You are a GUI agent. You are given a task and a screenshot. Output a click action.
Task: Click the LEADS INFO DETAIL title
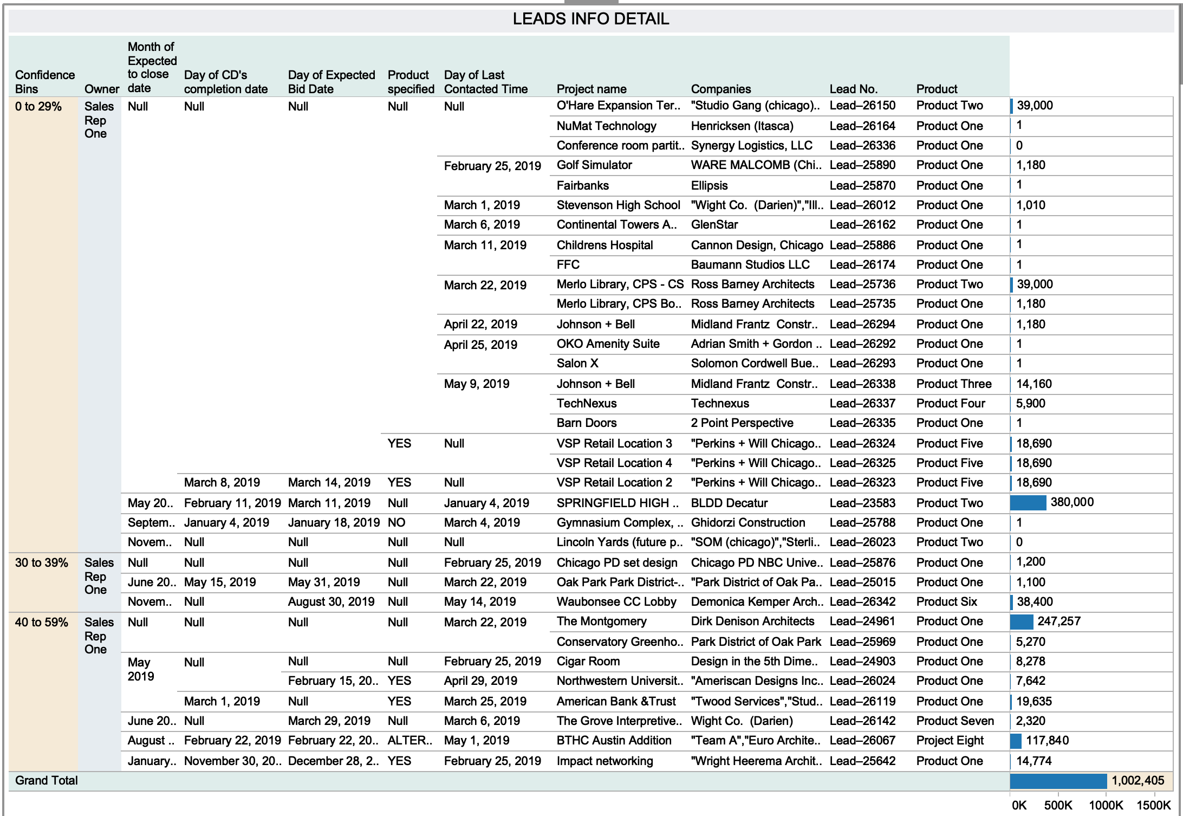591,19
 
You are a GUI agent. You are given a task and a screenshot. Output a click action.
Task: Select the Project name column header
591,89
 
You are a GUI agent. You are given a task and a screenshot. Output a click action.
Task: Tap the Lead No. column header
853,89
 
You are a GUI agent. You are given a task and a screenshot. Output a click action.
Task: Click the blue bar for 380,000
1028,503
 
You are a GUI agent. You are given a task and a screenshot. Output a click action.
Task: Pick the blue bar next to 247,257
1022,621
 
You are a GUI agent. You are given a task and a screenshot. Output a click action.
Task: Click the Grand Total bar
1058,781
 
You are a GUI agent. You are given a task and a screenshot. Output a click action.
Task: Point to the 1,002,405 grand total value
1138,781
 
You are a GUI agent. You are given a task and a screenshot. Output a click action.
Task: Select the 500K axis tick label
1058,805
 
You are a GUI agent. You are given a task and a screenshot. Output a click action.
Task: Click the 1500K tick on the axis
1154,805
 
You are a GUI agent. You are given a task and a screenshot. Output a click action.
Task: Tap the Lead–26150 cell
862,106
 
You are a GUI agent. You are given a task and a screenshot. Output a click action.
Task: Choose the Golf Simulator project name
594,165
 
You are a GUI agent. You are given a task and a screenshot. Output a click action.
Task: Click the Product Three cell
954,384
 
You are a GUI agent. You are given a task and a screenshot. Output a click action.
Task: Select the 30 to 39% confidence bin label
42,563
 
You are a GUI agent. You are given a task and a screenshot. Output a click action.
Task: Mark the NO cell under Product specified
396,523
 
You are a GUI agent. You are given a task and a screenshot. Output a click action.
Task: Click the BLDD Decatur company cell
729,503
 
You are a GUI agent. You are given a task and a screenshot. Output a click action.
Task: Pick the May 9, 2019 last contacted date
477,384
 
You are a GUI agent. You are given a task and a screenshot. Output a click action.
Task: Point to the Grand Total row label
47,781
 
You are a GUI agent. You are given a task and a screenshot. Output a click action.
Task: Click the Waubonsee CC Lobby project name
616,602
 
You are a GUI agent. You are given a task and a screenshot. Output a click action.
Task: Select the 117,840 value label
1047,741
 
